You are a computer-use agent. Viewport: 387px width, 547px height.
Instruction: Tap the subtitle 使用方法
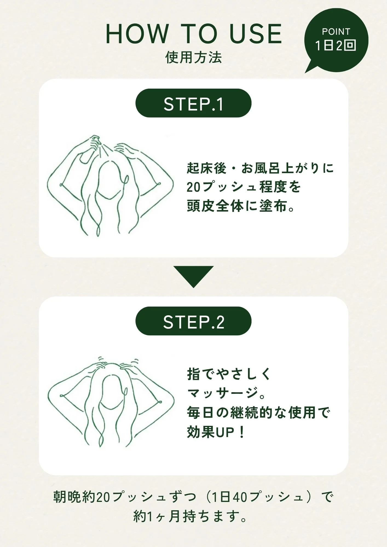(x=193, y=58)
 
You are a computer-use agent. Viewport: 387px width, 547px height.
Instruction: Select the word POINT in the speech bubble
(x=336, y=32)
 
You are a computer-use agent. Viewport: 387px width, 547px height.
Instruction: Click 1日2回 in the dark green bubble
(x=336, y=45)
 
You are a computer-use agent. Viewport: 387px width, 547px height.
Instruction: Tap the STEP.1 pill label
(x=193, y=103)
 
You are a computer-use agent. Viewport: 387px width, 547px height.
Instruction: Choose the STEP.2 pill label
(x=193, y=321)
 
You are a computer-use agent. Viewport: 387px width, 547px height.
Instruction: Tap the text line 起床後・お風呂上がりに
(x=261, y=168)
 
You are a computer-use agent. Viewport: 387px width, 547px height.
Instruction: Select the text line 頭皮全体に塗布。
(x=241, y=206)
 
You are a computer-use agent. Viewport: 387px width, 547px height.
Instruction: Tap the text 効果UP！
(x=216, y=432)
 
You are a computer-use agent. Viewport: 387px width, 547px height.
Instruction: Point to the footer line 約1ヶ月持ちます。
(x=190, y=516)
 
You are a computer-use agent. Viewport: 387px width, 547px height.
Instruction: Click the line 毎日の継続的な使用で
(x=259, y=412)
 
